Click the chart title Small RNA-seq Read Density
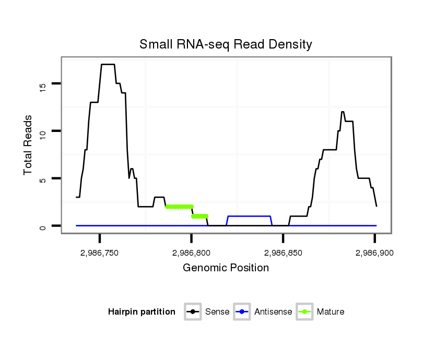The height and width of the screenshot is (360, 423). tap(226, 44)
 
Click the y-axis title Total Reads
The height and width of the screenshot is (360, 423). tap(29, 145)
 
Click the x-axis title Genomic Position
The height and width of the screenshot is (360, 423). tap(226, 268)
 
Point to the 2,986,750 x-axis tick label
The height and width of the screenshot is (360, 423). tap(99, 253)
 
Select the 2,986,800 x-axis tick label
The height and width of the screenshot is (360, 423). tap(191, 253)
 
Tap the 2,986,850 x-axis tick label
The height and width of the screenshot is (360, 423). tap(283, 253)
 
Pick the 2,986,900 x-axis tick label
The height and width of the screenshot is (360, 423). tap(374, 253)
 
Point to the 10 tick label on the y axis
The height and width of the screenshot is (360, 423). tap(43, 131)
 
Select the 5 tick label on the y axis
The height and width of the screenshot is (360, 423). tap(43, 178)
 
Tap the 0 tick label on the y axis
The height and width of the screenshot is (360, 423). tap(43, 226)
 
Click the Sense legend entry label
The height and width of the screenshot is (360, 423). tap(217, 312)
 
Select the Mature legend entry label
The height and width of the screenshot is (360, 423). tap(331, 312)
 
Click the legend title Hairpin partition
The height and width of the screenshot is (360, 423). tap(142, 312)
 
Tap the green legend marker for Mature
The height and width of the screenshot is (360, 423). tap(304, 312)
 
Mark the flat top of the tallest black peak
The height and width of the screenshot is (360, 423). tap(108, 64)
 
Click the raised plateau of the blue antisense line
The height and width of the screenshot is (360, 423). tap(249, 216)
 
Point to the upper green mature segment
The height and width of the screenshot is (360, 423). tap(179, 207)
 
